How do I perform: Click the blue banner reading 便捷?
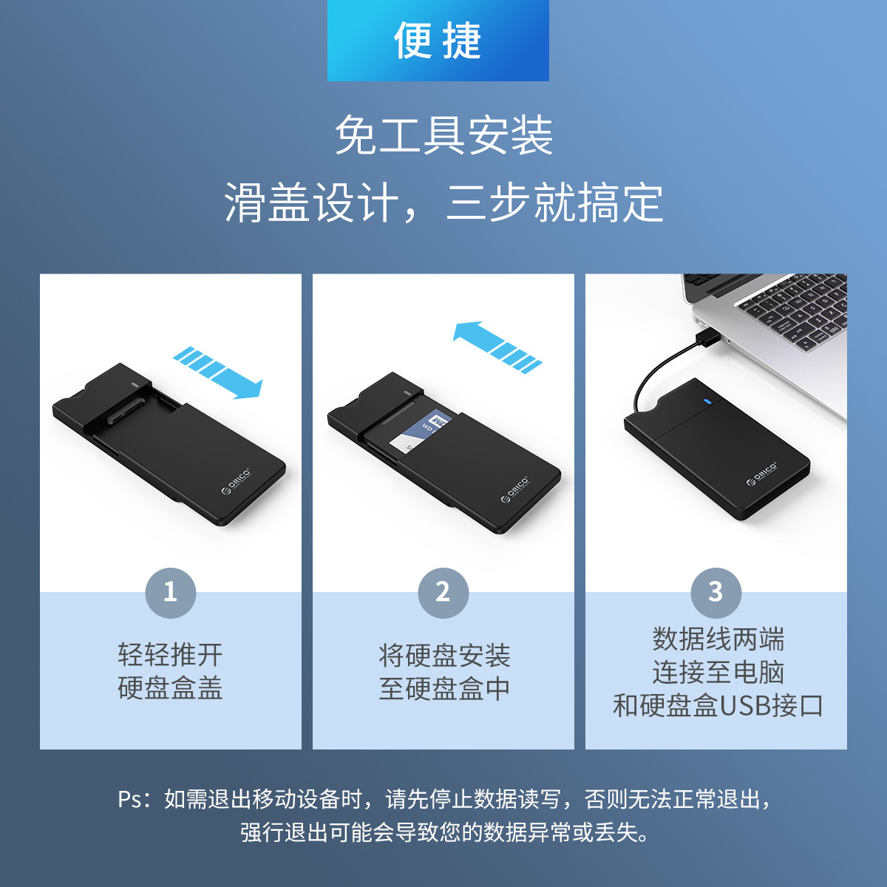[x=438, y=41]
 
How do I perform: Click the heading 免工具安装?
[x=443, y=135]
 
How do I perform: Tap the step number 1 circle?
[x=170, y=593]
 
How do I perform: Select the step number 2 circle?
[x=443, y=593]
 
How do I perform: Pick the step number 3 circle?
[x=716, y=593]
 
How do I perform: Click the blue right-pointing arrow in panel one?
[x=218, y=373]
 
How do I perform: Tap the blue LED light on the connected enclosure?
[x=708, y=402]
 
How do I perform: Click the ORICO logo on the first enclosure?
[x=237, y=482]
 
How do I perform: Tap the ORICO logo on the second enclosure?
[x=515, y=490]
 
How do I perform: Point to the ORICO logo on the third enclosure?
[x=762, y=474]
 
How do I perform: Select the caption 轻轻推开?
[x=170, y=655]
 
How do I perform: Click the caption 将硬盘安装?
[x=443, y=656]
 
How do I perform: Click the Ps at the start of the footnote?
[x=130, y=800]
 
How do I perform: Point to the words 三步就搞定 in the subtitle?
[x=554, y=203]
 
